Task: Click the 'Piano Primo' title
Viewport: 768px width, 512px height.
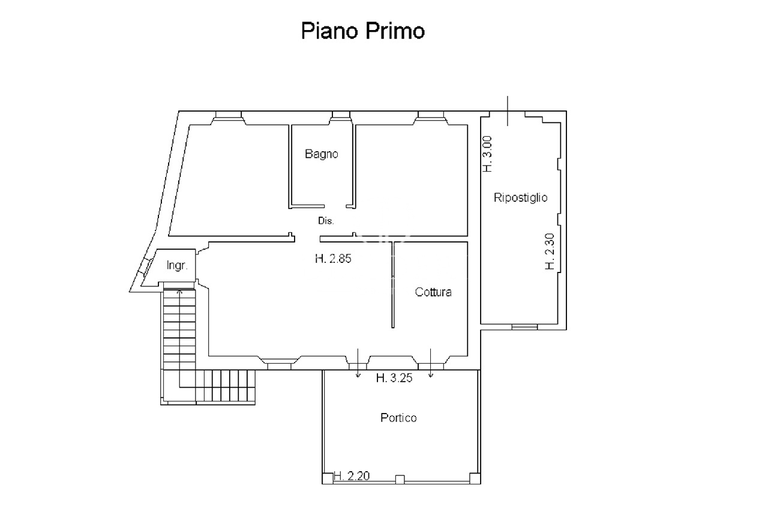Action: (363, 31)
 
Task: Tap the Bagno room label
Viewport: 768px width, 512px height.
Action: (321, 154)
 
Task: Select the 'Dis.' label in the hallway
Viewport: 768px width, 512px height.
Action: (326, 221)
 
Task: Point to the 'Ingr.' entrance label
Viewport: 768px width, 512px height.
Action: (177, 265)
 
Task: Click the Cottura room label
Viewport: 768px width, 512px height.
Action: (433, 292)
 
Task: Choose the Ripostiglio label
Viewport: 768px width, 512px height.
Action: (520, 198)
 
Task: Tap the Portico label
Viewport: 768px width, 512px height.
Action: (398, 418)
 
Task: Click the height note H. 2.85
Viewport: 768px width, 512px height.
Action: (333, 259)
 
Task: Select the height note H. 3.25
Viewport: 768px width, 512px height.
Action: (394, 378)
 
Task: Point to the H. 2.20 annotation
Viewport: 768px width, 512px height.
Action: (352, 475)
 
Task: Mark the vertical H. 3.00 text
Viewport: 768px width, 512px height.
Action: (487, 154)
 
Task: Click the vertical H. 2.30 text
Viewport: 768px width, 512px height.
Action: (550, 251)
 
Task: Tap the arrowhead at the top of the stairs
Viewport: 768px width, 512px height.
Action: (179, 292)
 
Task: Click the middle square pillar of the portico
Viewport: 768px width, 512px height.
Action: (400, 479)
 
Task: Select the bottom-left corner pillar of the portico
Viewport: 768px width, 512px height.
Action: (328, 478)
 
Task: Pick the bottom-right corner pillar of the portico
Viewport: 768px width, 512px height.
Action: (475, 478)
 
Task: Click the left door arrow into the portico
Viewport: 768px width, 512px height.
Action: (358, 363)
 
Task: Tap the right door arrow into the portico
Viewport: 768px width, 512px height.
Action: (431, 363)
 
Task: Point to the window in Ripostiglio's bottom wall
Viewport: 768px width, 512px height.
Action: (524, 327)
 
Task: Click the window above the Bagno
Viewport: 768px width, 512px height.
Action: (341, 115)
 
